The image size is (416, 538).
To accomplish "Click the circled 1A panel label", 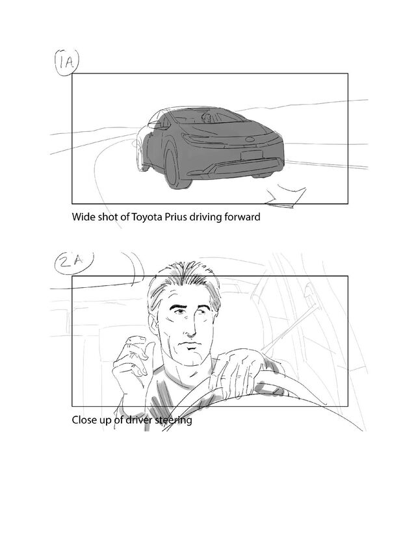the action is pos(66,62).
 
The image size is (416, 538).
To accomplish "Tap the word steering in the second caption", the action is pos(174,420).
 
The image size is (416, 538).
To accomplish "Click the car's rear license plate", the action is pos(252,155).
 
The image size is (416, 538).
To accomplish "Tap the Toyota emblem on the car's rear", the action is pos(250,140).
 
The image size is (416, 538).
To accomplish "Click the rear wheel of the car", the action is pos(174,167).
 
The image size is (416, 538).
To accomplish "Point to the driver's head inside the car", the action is pos(207,118).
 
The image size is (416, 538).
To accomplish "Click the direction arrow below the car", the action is pos(285,197).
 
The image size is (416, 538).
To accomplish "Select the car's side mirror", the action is pos(155,124).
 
